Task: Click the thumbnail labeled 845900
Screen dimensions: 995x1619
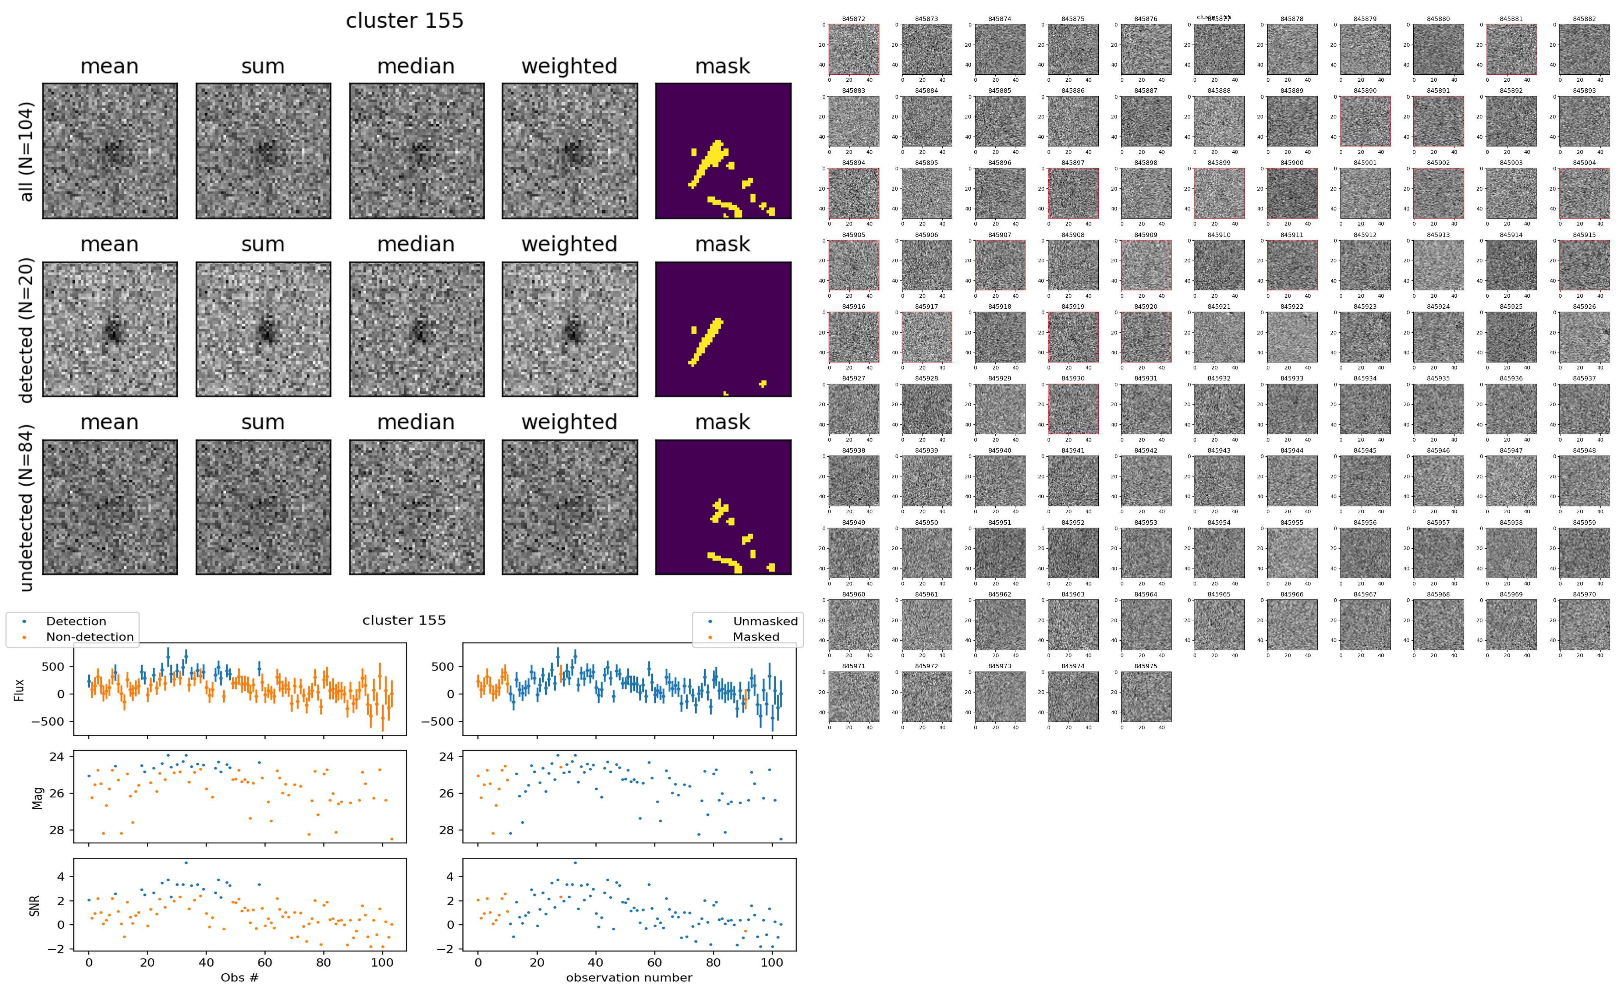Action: click(1292, 193)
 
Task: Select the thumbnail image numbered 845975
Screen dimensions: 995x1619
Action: click(1145, 696)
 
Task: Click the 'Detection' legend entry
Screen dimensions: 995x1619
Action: click(76, 621)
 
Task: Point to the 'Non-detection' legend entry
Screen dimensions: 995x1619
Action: click(89, 636)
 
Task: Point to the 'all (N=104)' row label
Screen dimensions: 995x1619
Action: click(26, 151)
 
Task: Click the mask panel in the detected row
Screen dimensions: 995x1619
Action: click(723, 329)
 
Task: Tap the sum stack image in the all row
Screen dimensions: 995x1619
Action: click(263, 151)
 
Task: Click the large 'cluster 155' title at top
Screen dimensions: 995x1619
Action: click(405, 21)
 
